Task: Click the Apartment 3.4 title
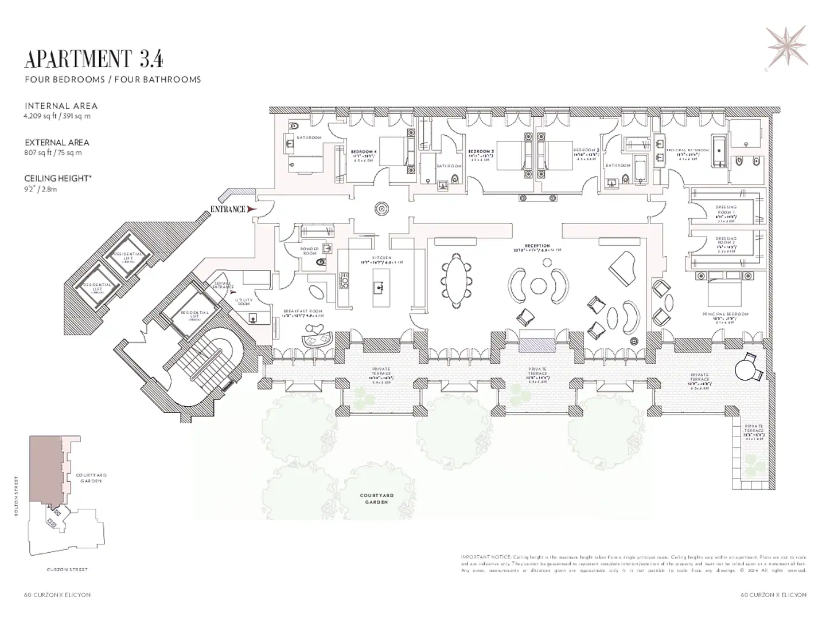click(x=94, y=59)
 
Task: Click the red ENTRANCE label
click(x=228, y=210)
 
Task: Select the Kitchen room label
click(x=381, y=258)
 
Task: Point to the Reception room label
click(x=537, y=246)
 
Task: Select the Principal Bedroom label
click(x=725, y=315)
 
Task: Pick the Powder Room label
click(x=309, y=251)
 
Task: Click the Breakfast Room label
click(x=303, y=312)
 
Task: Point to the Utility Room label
click(x=243, y=302)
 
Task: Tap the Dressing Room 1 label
click(x=726, y=210)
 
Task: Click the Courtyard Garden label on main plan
click(x=376, y=498)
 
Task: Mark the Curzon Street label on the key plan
click(x=67, y=570)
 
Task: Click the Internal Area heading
click(x=61, y=106)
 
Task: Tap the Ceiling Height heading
click(x=57, y=179)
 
